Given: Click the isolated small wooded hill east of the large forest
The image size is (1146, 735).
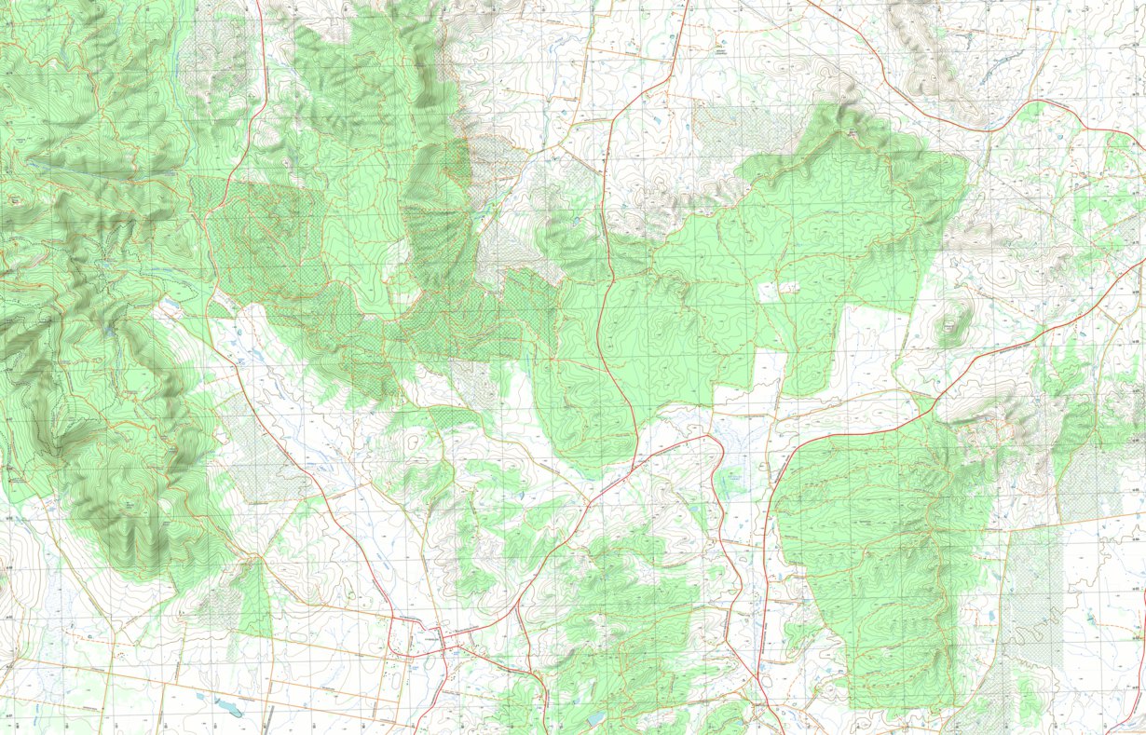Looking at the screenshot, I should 952,323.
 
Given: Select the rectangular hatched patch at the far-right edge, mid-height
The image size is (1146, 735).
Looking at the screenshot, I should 1085,484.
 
